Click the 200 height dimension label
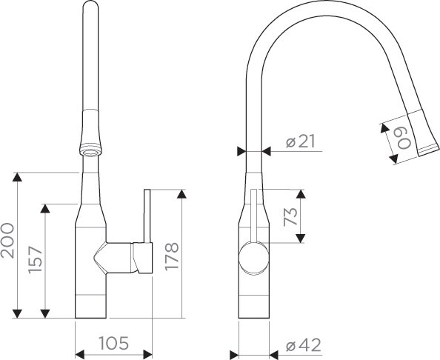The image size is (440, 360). pos(7,241)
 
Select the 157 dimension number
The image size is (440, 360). pos(36,259)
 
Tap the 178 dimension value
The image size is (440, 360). pos(172,256)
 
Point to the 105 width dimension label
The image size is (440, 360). pos(114,343)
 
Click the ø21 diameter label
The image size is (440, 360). pos(301,141)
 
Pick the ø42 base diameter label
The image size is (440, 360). pos(304,345)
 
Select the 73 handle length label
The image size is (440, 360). pos(290,216)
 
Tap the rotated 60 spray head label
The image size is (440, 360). pos(404,138)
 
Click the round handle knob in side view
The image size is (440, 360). pos(253,258)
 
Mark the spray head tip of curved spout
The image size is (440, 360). pos(428,150)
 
